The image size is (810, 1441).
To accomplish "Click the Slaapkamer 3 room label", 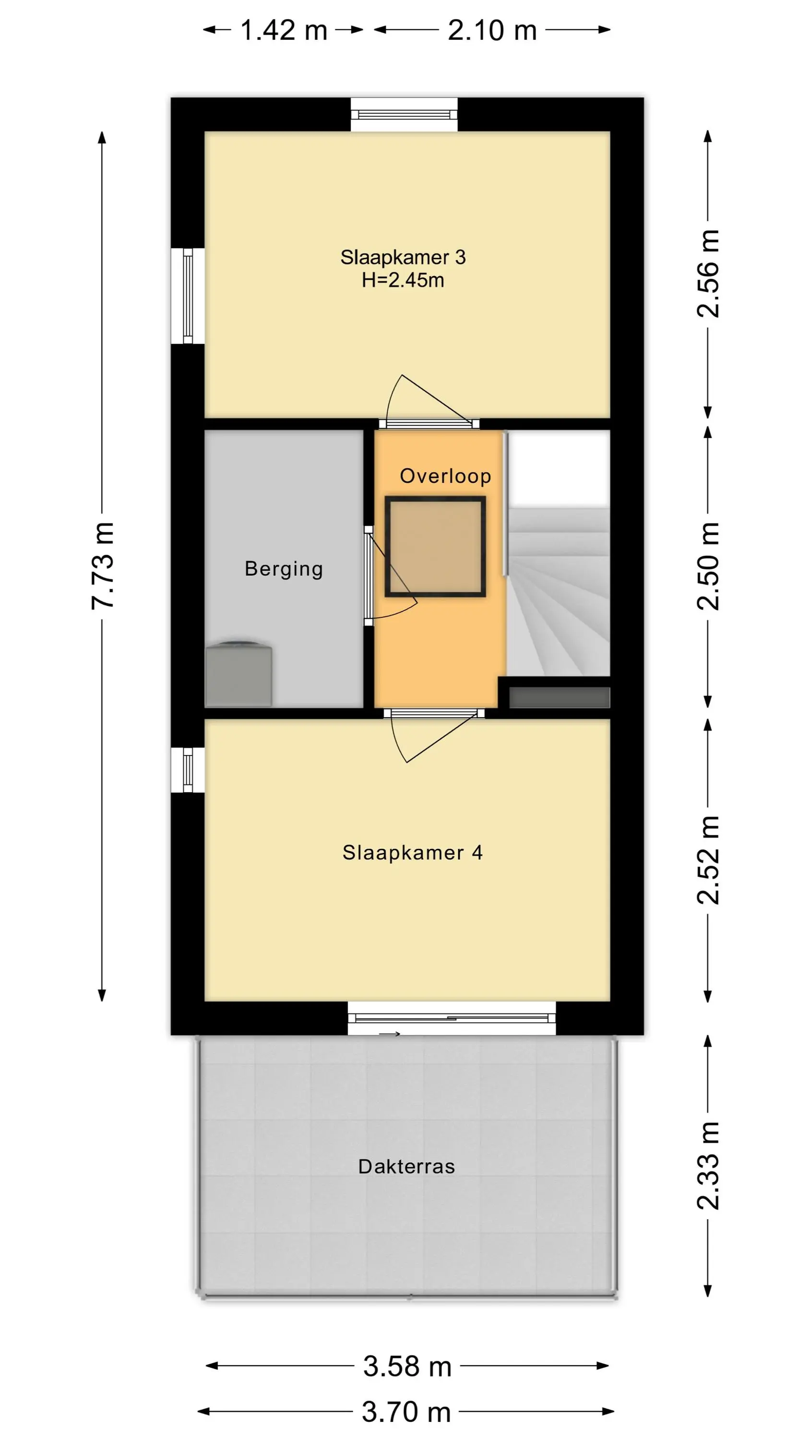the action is tap(403, 257).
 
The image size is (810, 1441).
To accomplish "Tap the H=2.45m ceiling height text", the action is tap(403, 280).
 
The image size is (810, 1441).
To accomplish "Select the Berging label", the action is tap(284, 569).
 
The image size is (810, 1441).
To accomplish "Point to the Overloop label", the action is tap(445, 476).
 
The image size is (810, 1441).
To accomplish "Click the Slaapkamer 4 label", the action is tap(413, 853).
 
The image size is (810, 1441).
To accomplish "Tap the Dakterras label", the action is tap(406, 1166).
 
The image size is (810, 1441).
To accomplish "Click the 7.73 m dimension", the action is tap(102, 565).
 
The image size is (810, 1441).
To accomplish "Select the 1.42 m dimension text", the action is tap(284, 30).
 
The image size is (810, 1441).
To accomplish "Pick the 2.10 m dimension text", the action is tap(492, 30).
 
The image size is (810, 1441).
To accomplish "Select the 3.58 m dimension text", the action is tap(407, 1366).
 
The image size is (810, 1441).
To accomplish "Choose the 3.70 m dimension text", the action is tap(406, 1412).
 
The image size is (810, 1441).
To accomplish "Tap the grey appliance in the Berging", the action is tap(238, 674).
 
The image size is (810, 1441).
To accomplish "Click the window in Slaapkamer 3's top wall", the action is tap(404, 115).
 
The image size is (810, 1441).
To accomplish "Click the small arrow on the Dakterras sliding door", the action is tap(390, 1034).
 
